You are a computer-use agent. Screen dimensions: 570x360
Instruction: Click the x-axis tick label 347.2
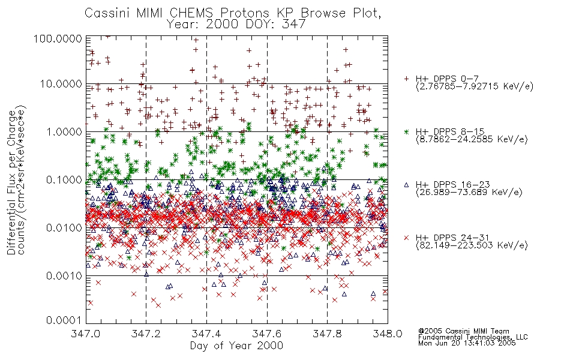[146, 334]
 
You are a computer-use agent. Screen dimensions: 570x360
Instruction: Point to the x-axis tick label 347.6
[267, 334]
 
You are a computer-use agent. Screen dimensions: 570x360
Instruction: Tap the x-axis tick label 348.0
[388, 334]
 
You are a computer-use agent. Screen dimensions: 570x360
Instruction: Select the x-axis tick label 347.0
[85, 334]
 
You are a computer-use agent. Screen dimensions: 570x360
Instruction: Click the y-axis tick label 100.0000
[58, 38]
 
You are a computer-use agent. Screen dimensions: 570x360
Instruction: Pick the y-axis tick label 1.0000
[64, 131]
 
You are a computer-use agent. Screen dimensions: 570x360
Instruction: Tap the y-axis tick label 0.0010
[64, 275]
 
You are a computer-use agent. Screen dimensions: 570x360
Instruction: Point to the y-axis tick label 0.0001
[64, 320]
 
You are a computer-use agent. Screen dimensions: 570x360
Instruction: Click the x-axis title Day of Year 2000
[236, 345]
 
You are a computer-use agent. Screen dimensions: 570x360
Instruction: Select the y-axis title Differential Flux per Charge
[11, 183]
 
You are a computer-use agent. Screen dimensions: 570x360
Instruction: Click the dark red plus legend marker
[406, 79]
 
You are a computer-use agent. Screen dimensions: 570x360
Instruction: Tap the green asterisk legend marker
[406, 131]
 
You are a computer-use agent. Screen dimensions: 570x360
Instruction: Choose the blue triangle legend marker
[406, 185]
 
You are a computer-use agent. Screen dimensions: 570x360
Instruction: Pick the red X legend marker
[406, 238]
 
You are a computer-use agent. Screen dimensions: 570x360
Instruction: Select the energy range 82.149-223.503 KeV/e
[472, 245]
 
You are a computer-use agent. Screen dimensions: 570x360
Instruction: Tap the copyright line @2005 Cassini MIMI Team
[463, 331]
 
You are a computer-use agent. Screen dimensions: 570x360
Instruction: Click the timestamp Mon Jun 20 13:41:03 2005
[467, 343]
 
